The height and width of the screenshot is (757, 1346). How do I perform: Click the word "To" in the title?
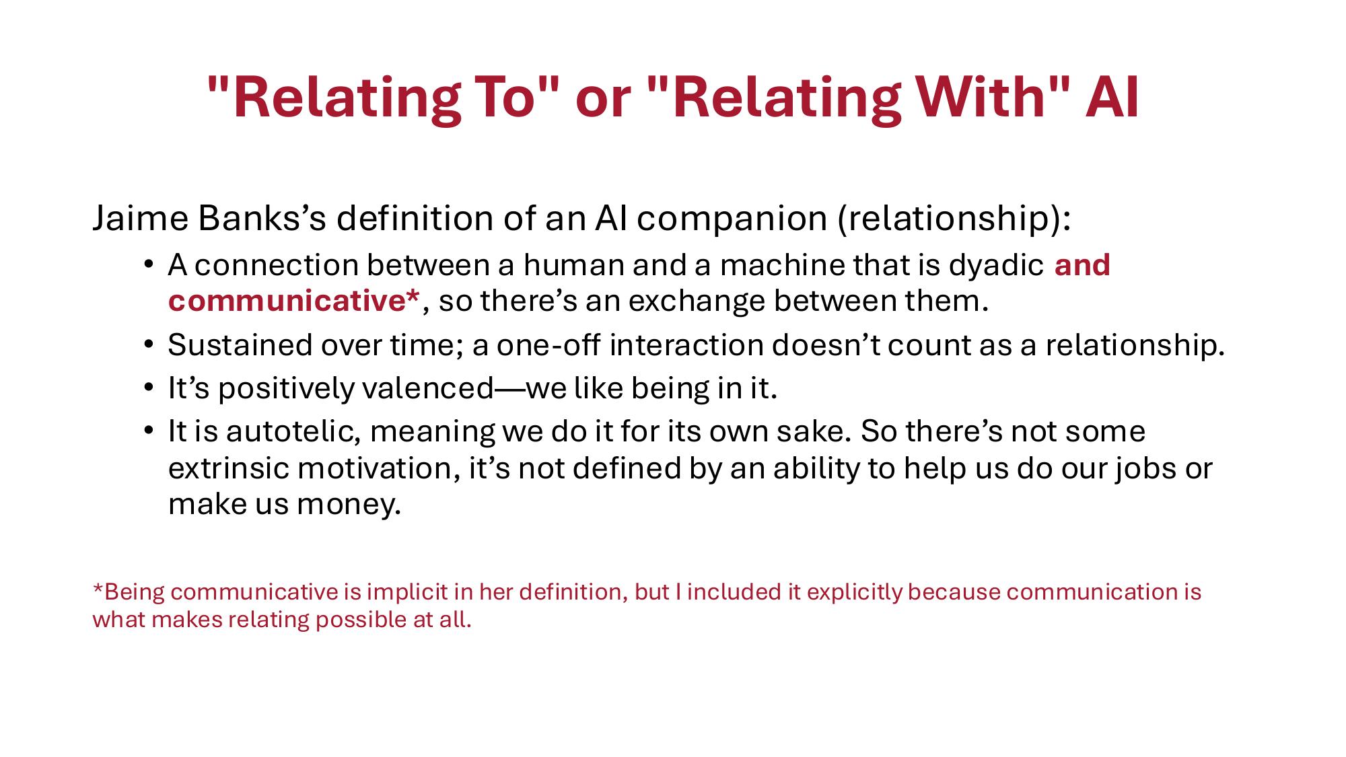tap(511, 98)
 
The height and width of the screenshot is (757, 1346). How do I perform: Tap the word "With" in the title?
tap(970, 98)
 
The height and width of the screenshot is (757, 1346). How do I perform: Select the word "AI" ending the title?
tap(1112, 98)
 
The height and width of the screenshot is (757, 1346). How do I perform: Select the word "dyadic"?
tap(996, 265)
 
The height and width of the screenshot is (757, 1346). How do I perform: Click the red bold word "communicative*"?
tap(293, 301)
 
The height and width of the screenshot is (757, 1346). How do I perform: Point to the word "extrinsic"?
tap(228, 468)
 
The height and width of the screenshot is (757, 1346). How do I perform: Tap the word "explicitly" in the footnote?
tap(855, 592)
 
